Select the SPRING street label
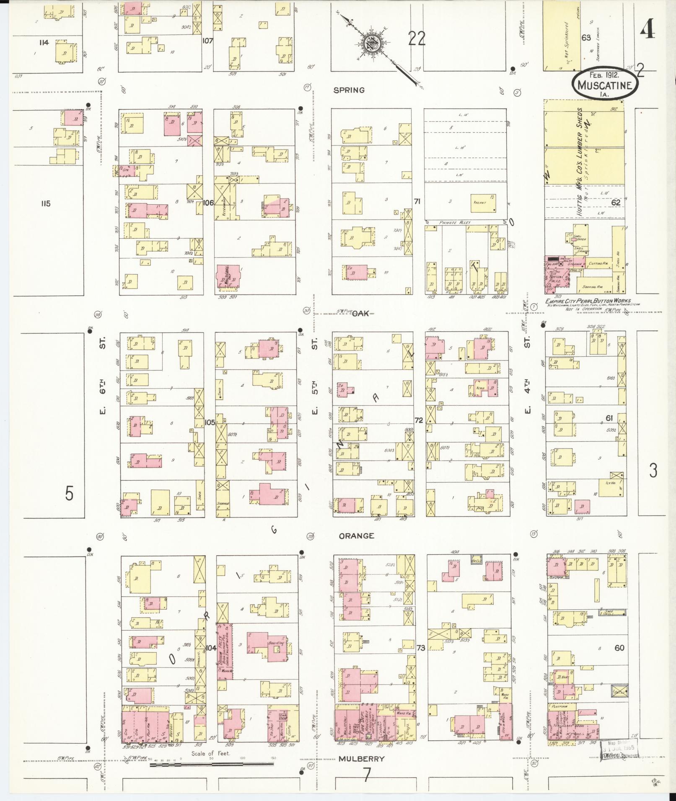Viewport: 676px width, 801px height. pyautogui.click(x=349, y=90)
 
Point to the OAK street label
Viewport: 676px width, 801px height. pyautogui.click(x=360, y=313)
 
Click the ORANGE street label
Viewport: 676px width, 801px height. pyautogui.click(x=356, y=536)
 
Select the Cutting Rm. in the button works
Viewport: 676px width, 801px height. pyautogui.click(x=598, y=264)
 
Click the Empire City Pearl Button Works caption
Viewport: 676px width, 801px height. pyautogui.click(x=593, y=301)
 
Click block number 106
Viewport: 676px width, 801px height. pyautogui.click(x=208, y=203)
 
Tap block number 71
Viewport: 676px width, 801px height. pyautogui.click(x=417, y=201)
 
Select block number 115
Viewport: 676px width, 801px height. pyautogui.click(x=46, y=203)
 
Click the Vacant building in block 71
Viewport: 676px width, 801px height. pyautogui.click(x=483, y=203)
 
